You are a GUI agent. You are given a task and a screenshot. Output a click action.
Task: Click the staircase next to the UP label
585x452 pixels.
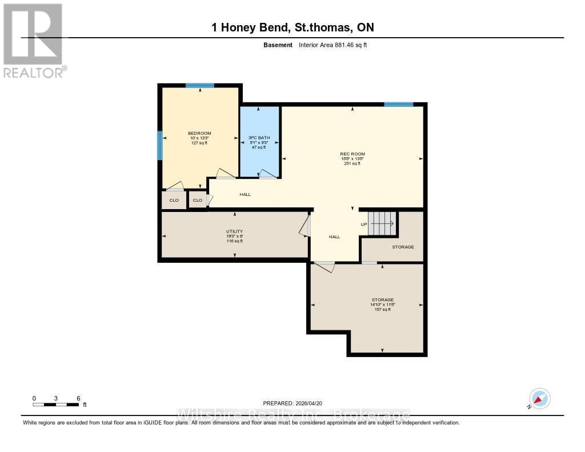[382, 223]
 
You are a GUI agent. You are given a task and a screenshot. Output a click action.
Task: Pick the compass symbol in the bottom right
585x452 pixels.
[539, 398]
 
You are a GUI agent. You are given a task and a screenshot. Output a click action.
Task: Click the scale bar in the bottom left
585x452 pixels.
[56, 405]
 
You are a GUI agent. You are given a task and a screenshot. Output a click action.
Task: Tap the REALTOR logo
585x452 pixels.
[33, 40]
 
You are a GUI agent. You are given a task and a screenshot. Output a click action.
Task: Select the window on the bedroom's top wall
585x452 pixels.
[199, 85]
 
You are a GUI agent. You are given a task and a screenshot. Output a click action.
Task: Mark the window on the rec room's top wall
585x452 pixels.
[398, 105]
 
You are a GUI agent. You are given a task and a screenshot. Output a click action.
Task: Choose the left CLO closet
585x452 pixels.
[174, 200]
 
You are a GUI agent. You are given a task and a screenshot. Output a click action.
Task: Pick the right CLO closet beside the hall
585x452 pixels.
[198, 200]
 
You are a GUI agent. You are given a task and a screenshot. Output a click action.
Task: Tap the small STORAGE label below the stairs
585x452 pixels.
[403, 247]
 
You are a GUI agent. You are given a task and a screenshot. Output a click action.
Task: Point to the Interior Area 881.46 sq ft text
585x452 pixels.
[332, 45]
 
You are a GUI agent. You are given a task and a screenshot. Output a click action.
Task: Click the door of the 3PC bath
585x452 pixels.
[266, 174]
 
